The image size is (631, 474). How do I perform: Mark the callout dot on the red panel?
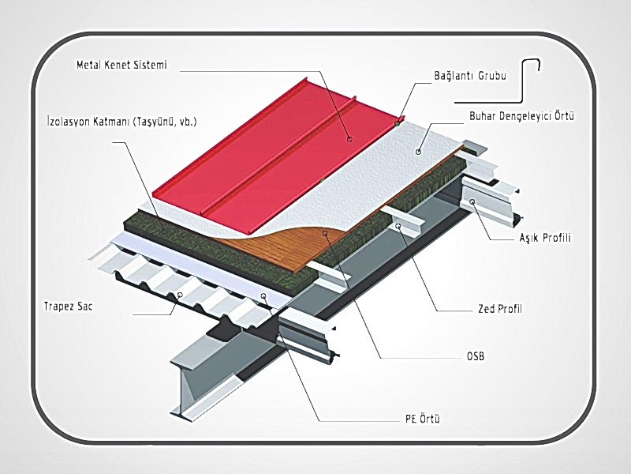[349, 138]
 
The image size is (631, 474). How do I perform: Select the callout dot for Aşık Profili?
[472, 202]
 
